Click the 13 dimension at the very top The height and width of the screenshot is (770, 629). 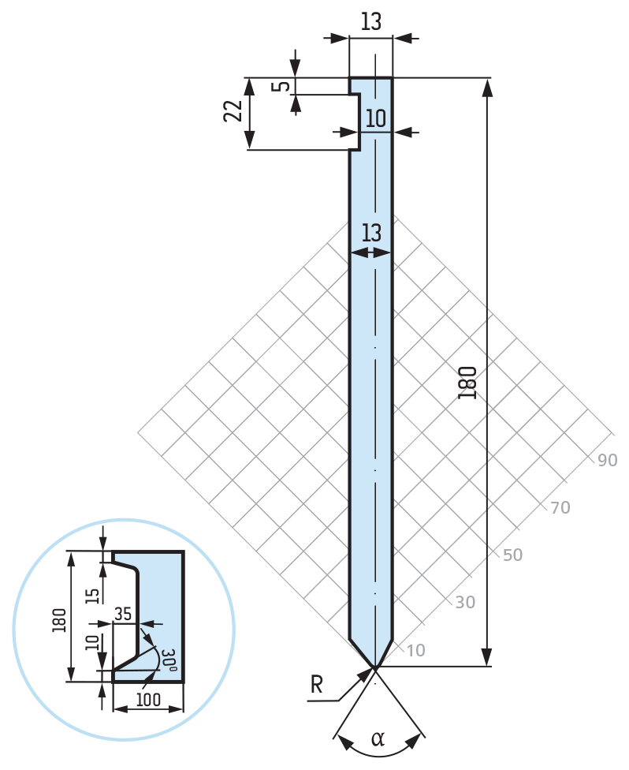[x=370, y=22]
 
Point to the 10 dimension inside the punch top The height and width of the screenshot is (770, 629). [x=376, y=119]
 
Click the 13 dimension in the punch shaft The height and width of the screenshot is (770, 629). [x=371, y=234]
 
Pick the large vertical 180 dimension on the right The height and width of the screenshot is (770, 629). [x=468, y=382]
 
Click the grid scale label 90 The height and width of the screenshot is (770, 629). [x=607, y=461]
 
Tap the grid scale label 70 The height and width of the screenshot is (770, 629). [x=560, y=508]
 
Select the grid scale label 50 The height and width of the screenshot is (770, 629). [x=512, y=555]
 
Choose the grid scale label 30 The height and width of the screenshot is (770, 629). [x=465, y=603]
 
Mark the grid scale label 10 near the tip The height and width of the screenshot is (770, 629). [x=416, y=651]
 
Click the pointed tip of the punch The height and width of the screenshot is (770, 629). [x=374, y=667]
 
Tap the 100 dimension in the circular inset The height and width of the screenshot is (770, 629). [x=147, y=700]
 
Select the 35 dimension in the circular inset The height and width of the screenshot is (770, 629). [x=123, y=611]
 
